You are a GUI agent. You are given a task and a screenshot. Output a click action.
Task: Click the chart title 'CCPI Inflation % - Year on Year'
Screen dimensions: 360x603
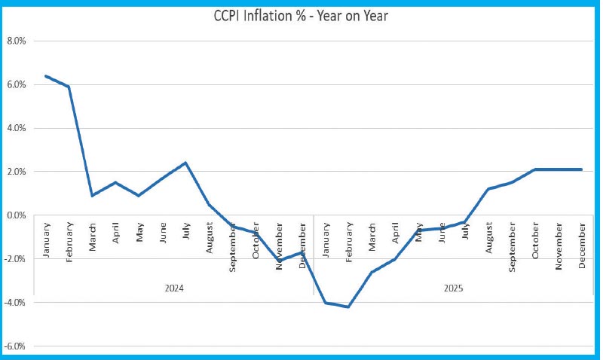tap(300, 15)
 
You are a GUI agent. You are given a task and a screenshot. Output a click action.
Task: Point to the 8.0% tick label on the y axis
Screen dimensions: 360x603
tap(16, 41)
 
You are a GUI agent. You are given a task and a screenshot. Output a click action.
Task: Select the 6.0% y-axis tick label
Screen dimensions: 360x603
tap(16, 84)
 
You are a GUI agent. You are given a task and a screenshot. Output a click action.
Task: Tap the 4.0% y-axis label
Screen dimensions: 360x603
tap(16, 128)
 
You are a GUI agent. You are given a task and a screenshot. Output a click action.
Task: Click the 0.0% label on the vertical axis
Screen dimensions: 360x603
tap(16, 215)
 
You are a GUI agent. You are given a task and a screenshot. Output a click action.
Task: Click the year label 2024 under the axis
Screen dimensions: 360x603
tap(174, 288)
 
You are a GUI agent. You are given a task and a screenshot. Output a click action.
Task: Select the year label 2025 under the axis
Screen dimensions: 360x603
tap(453, 288)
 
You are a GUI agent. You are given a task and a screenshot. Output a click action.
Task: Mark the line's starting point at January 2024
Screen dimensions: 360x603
tap(46, 76)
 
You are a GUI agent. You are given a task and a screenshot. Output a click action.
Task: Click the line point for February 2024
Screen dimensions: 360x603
tap(69, 87)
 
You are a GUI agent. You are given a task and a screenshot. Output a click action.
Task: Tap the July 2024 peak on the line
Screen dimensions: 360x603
tap(185, 163)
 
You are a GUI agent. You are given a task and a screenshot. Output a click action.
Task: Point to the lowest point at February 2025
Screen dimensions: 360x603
tap(348, 307)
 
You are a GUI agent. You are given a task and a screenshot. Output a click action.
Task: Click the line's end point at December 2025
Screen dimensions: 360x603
tap(581, 169)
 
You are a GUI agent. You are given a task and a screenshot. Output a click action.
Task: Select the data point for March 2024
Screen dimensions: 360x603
tap(92, 196)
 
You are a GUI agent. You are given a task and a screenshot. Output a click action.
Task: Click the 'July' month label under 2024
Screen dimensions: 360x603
tap(185, 230)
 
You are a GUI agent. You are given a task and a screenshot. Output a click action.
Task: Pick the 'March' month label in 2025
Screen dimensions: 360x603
tap(372, 239)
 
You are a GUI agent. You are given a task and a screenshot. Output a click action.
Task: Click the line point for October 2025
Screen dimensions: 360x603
tap(534, 169)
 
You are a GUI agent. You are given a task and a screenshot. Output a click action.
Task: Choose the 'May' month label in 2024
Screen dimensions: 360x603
tap(139, 230)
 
